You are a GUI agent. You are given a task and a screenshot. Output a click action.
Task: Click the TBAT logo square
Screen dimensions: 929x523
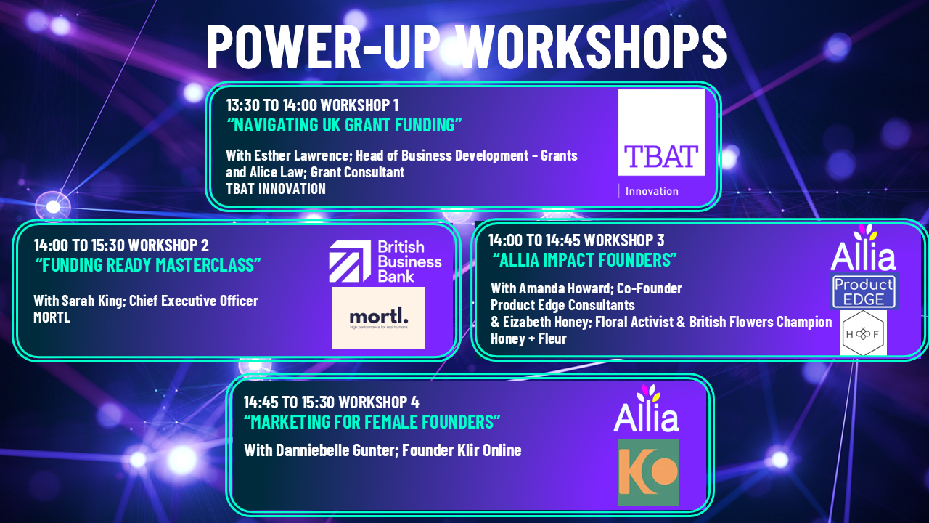pyautogui.click(x=661, y=132)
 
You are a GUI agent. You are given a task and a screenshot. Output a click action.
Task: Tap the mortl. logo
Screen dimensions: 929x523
pyautogui.click(x=379, y=318)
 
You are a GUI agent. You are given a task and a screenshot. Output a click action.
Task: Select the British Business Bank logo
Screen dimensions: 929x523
pyautogui.click(x=385, y=262)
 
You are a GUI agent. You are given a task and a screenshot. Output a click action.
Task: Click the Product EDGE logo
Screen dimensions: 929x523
pyautogui.click(x=864, y=291)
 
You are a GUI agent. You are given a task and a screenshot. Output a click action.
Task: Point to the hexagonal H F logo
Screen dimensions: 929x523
pyautogui.click(x=863, y=333)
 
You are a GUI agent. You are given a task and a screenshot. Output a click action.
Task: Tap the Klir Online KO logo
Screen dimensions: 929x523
pyautogui.click(x=648, y=472)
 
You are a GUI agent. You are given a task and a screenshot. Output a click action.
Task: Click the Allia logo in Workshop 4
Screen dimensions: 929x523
pyautogui.click(x=646, y=408)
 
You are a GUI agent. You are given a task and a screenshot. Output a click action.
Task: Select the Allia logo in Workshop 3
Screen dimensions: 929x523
pyautogui.click(x=863, y=248)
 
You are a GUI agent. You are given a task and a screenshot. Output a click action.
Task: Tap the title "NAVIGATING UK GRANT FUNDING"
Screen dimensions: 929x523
pyautogui.click(x=344, y=125)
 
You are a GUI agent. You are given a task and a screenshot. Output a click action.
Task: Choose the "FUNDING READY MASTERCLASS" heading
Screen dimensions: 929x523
pyautogui.click(x=148, y=265)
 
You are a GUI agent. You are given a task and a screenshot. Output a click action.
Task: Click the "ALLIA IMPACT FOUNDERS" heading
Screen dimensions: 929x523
pyautogui.click(x=585, y=260)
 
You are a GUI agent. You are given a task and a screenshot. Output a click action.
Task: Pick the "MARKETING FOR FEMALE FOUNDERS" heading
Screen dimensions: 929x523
pyautogui.click(x=372, y=422)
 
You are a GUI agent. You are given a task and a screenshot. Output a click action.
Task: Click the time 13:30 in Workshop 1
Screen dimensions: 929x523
pyautogui.click(x=242, y=105)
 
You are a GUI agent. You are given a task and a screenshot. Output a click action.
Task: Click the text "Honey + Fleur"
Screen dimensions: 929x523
pyautogui.click(x=528, y=338)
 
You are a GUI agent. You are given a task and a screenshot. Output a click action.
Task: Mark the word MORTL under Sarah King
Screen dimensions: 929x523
pyautogui.click(x=52, y=317)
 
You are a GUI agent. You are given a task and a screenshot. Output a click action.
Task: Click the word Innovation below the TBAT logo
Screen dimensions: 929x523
pyautogui.click(x=652, y=191)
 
